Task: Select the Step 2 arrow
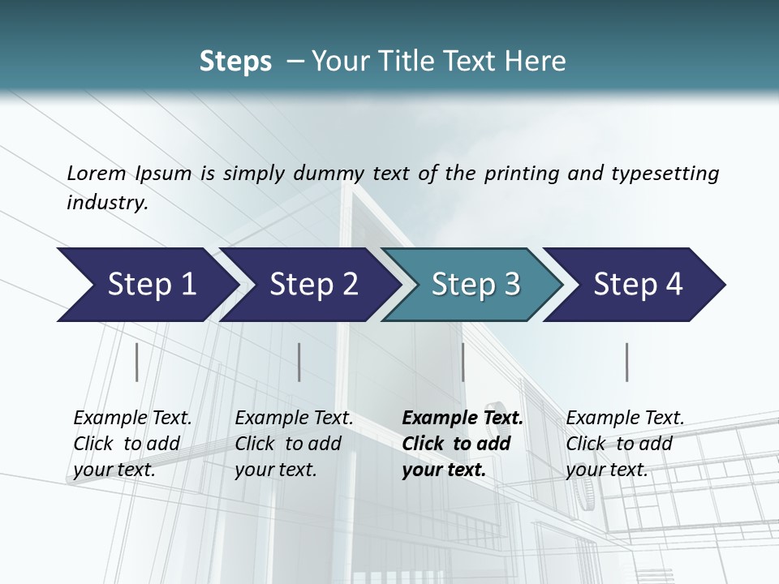tap(308, 285)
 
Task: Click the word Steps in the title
tap(235, 62)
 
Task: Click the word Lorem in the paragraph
tap(96, 174)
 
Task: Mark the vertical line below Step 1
tap(136, 362)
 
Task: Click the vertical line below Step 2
tap(299, 362)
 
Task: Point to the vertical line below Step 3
tap(463, 362)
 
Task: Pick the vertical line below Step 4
tap(626, 362)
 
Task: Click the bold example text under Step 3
tap(462, 444)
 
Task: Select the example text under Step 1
tap(132, 444)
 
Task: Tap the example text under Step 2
tap(294, 444)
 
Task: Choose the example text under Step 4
tap(625, 444)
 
